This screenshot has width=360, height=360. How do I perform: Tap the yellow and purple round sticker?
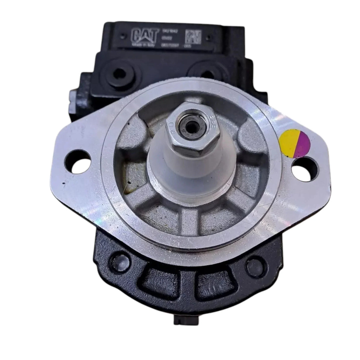tap(295, 146)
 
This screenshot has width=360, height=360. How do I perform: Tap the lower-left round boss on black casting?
tap(116, 261)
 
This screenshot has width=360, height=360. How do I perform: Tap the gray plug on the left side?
tap(73, 99)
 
